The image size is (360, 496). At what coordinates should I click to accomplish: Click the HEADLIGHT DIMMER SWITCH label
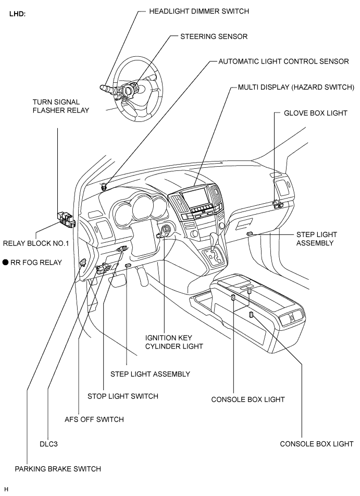point(199,11)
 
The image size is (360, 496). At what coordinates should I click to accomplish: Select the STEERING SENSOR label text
point(214,36)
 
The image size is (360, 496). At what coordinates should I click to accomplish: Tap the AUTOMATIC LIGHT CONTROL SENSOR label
point(284,61)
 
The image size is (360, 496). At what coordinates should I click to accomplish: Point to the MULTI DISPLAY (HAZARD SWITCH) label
point(296,88)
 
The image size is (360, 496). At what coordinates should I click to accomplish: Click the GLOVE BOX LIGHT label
point(315,113)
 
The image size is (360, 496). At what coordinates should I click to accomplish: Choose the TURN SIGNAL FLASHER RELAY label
point(61,106)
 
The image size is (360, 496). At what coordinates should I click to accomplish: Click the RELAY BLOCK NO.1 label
point(36,244)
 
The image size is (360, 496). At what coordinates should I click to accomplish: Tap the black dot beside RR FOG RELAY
point(5,262)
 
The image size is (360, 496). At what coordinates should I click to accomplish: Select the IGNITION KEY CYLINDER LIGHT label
point(174,342)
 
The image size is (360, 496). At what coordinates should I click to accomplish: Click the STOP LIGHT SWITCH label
point(123,396)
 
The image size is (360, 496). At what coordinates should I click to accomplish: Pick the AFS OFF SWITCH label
point(94,419)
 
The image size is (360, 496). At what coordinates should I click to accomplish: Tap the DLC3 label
point(49,444)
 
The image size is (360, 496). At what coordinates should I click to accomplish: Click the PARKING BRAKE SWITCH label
point(58,469)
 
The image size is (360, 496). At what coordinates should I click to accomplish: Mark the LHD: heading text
point(17,14)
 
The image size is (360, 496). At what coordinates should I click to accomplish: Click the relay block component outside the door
point(66,219)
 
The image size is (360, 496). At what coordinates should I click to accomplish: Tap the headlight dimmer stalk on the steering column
point(108,88)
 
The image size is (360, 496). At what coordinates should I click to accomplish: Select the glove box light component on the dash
point(278,204)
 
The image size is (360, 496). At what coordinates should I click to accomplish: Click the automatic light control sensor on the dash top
point(104,187)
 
